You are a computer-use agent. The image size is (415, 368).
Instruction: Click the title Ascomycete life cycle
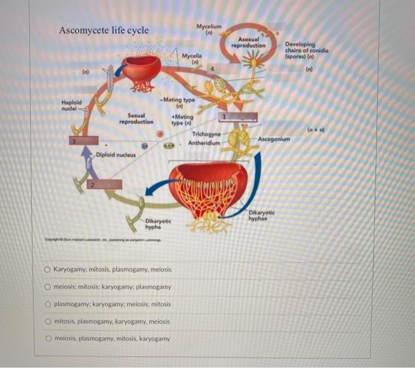[104, 30]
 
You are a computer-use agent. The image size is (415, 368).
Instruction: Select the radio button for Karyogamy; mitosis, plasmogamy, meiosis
[47, 269]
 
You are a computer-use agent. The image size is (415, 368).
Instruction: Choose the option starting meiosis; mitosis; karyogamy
[47, 287]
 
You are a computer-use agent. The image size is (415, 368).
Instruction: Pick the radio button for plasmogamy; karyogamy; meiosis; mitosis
[47, 304]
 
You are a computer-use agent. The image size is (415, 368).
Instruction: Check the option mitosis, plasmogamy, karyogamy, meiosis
[47, 322]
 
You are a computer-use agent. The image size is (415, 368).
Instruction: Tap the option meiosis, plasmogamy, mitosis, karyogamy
[47, 339]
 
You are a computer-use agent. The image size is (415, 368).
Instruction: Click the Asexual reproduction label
[248, 43]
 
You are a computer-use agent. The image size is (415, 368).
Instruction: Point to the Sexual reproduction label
[136, 119]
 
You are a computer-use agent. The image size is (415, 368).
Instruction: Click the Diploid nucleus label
[116, 155]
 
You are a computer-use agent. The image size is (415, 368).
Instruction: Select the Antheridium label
[205, 143]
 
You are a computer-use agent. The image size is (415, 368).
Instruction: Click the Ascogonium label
[274, 139]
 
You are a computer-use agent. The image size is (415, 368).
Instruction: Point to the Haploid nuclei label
[71, 105]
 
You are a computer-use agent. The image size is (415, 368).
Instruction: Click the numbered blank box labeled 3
[84, 142]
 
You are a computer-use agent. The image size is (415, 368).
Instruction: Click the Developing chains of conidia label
[307, 51]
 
